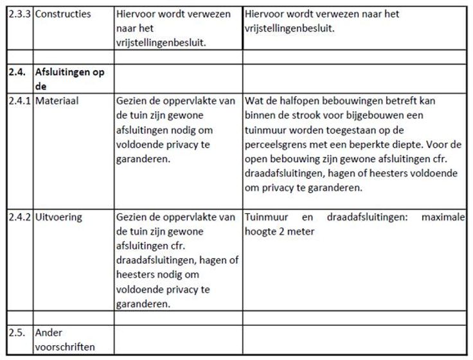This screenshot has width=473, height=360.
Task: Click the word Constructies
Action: pyautogui.click(x=63, y=14)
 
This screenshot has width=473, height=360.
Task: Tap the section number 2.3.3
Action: pyautogui.click(x=21, y=14)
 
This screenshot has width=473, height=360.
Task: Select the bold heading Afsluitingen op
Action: pyautogui.click(x=70, y=73)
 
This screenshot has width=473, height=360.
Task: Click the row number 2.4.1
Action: pyautogui.click(x=21, y=101)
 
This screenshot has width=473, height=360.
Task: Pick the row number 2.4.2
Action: pyautogui.click(x=21, y=217)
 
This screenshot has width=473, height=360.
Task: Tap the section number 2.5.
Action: pyautogui.click(x=17, y=333)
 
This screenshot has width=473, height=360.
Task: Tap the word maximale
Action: pyautogui.click(x=443, y=217)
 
